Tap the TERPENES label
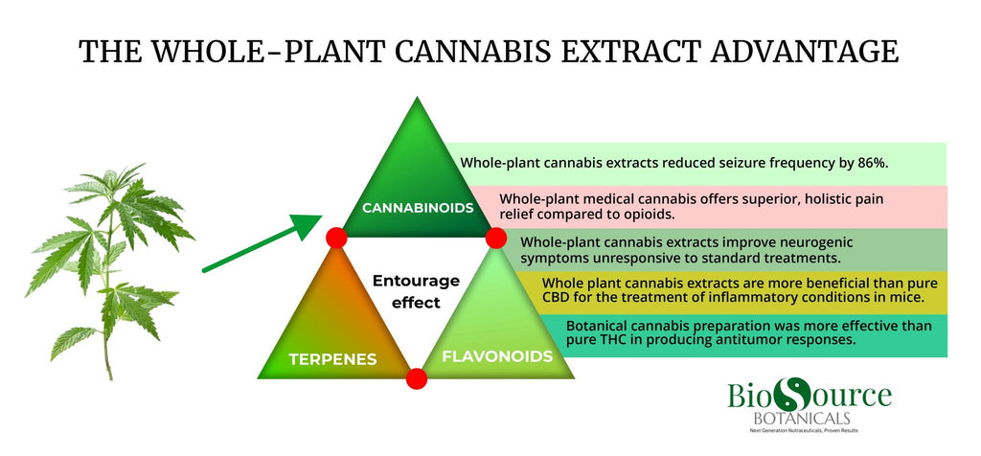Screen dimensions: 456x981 pyautogui.click(x=332, y=360)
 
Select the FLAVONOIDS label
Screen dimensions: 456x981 pyautogui.click(x=496, y=356)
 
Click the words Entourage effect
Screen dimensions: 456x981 pyautogui.click(x=415, y=291)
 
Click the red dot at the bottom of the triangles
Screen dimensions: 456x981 pyautogui.click(x=416, y=378)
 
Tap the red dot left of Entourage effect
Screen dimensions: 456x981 pyautogui.click(x=335, y=238)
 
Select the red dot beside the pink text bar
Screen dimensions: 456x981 pyautogui.click(x=496, y=236)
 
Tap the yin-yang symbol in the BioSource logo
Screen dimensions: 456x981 pyautogui.click(x=792, y=396)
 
